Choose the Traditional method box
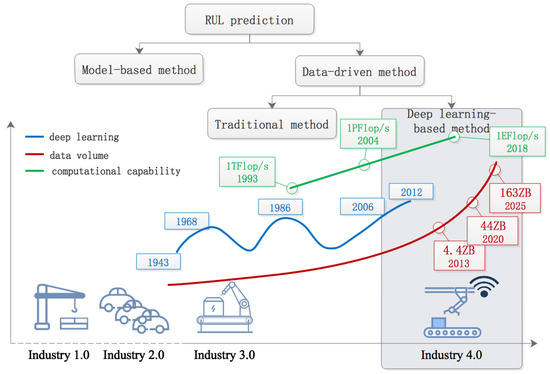tap(270, 125)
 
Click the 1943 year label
tap(156, 263)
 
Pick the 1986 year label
tap(280, 207)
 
